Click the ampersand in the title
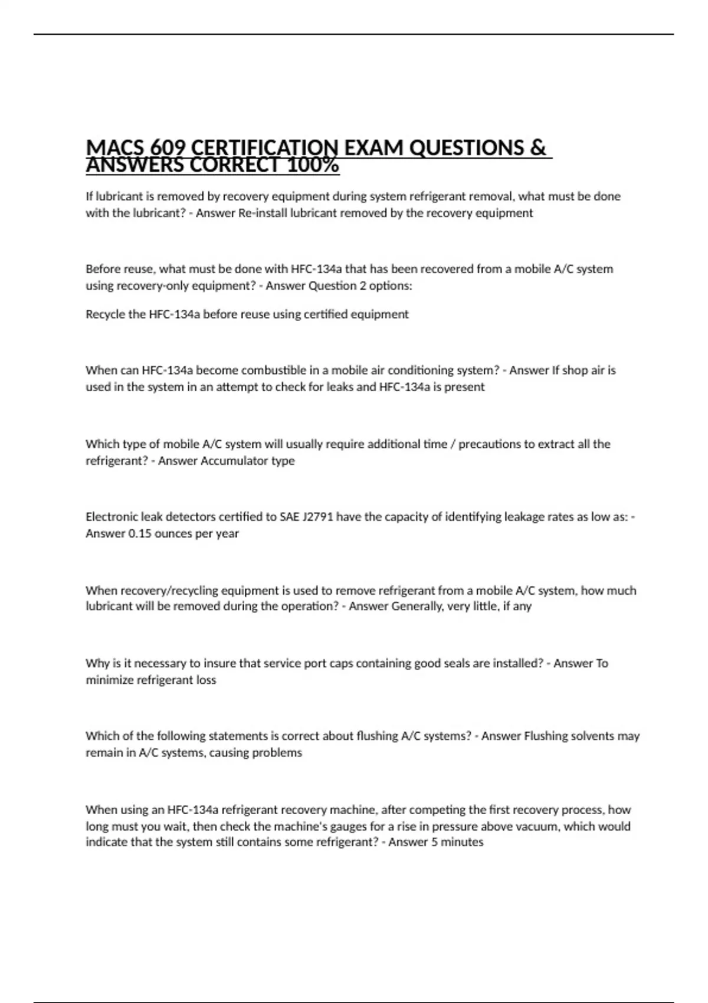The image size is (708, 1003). click(537, 147)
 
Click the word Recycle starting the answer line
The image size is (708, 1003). click(105, 314)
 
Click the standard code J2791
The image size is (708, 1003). click(318, 517)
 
